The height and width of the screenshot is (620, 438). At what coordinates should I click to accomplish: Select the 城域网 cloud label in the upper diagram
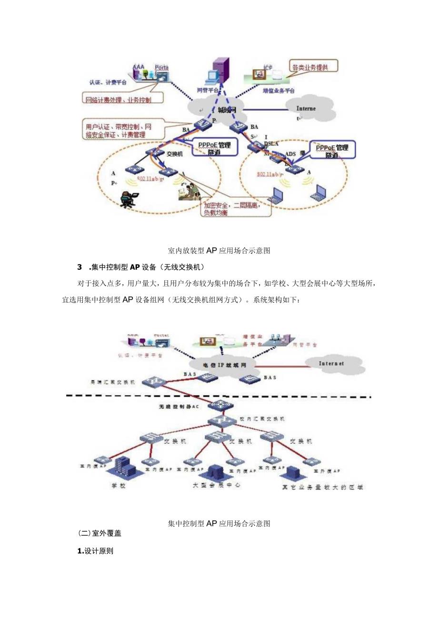click(227, 110)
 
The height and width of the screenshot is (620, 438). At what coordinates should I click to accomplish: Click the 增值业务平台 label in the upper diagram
click(279, 90)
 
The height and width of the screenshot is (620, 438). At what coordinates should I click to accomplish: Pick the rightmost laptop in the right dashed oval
click(319, 192)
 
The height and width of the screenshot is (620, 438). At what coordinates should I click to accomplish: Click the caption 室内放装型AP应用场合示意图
click(219, 250)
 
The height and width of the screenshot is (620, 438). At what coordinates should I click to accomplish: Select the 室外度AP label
click(327, 470)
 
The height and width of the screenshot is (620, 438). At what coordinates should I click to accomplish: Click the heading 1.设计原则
click(95, 550)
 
